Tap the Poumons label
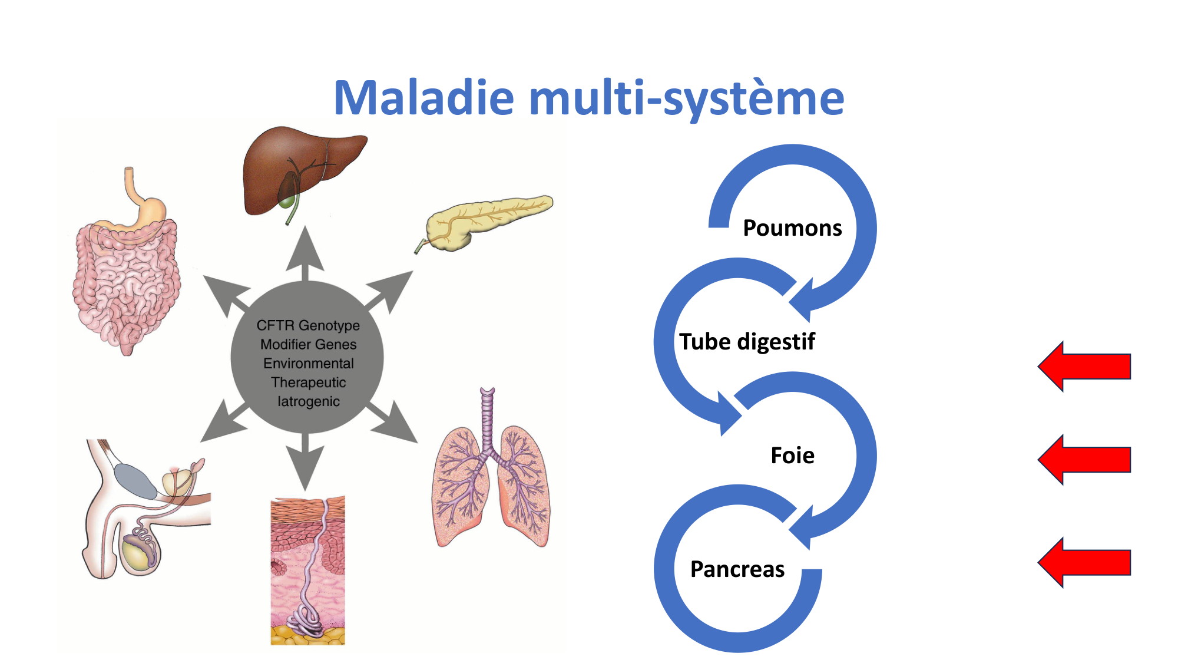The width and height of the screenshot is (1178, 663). click(792, 228)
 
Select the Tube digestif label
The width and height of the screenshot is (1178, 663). click(747, 342)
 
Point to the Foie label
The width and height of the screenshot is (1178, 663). click(792, 456)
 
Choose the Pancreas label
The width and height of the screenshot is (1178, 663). click(737, 569)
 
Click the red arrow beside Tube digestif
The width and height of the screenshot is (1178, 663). click(1084, 367)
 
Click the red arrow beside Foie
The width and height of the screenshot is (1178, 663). click(1084, 460)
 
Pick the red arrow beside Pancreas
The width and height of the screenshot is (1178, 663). click(1084, 562)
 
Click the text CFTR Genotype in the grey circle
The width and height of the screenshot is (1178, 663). click(308, 325)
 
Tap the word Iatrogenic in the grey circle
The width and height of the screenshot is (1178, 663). click(308, 401)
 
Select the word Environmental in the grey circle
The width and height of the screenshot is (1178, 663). click(308, 364)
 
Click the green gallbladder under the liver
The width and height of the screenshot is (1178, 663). click(286, 200)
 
